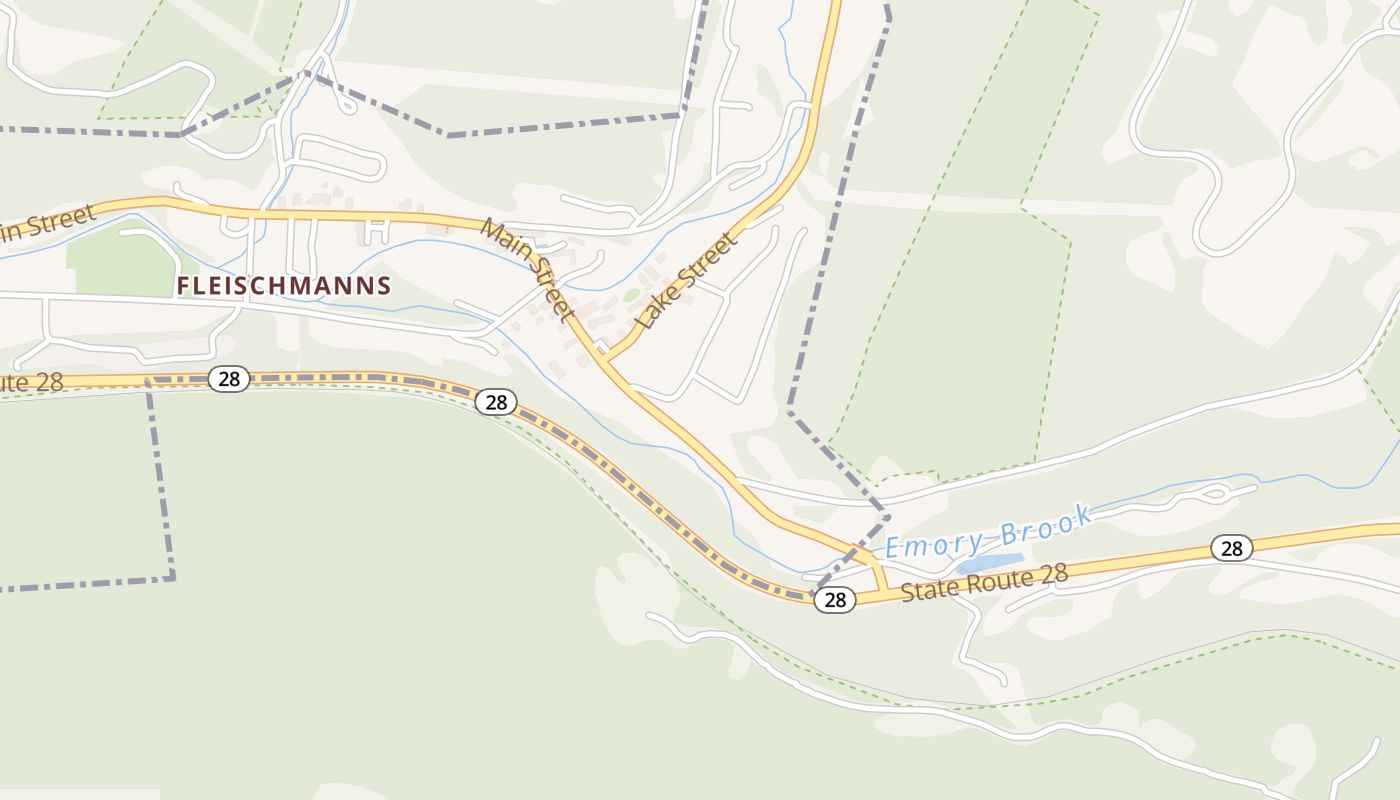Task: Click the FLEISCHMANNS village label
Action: click(x=284, y=286)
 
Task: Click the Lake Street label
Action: click(x=688, y=281)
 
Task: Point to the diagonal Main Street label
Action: click(x=528, y=270)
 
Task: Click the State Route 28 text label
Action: click(x=984, y=582)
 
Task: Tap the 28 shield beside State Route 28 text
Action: click(x=835, y=600)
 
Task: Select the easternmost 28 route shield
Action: click(x=1231, y=548)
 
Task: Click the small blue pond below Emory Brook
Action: click(x=989, y=564)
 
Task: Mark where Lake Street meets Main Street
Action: click(x=604, y=357)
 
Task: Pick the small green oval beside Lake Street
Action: click(x=631, y=295)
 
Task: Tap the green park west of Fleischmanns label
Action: click(x=120, y=265)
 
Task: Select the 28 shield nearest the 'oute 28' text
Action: click(x=229, y=378)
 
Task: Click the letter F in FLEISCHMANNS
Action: click(x=183, y=286)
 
